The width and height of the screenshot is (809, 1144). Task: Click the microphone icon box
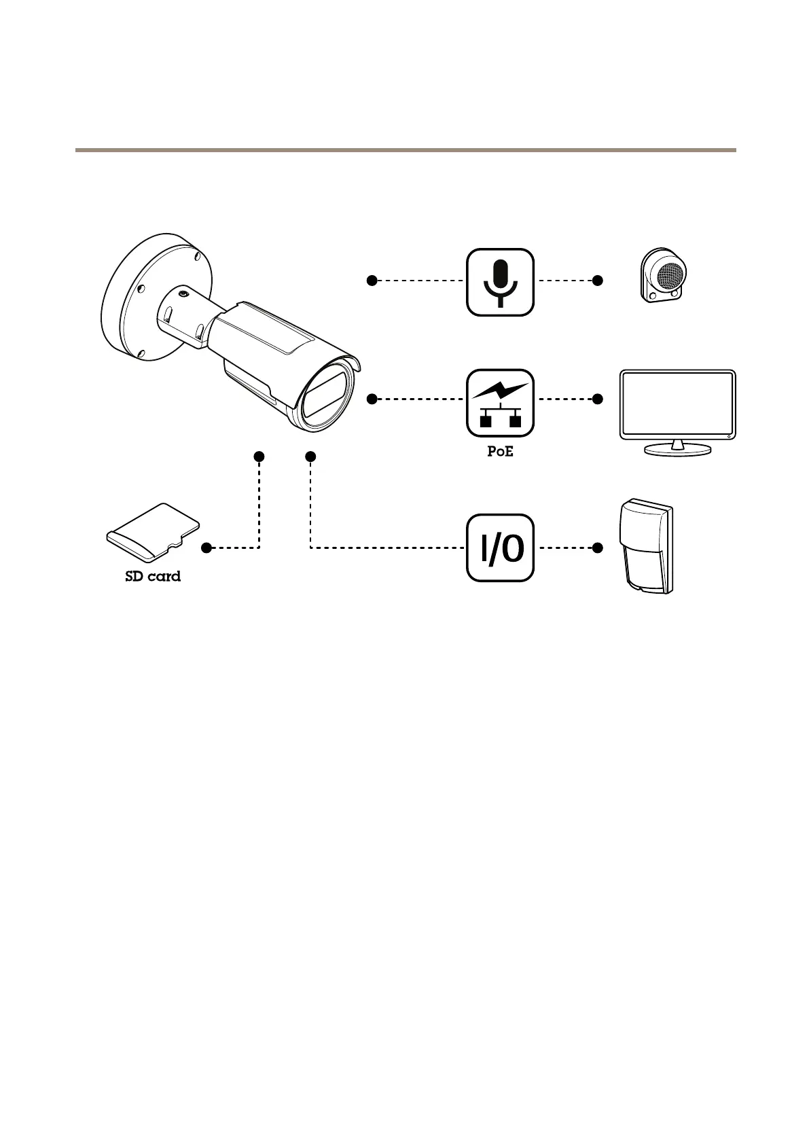click(500, 282)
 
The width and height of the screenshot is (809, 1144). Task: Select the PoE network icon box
click(500, 403)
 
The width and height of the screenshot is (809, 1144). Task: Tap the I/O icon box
click(500, 548)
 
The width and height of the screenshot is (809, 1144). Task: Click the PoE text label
click(500, 452)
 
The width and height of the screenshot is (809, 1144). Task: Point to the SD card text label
click(153, 577)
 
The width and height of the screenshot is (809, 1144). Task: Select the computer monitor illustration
click(677, 406)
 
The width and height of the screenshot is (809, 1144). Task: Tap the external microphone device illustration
click(664, 274)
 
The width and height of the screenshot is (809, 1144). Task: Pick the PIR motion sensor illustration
click(647, 547)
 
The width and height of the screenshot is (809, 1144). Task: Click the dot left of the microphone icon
click(372, 280)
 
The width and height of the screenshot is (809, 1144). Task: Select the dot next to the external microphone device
click(598, 280)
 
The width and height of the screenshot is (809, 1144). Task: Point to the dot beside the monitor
click(598, 399)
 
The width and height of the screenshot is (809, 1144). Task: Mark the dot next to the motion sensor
click(598, 548)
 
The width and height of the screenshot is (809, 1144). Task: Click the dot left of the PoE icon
click(372, 399)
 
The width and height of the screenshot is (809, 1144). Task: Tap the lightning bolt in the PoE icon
click(501, 391)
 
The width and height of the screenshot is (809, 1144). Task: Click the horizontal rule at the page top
click(405, 150)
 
